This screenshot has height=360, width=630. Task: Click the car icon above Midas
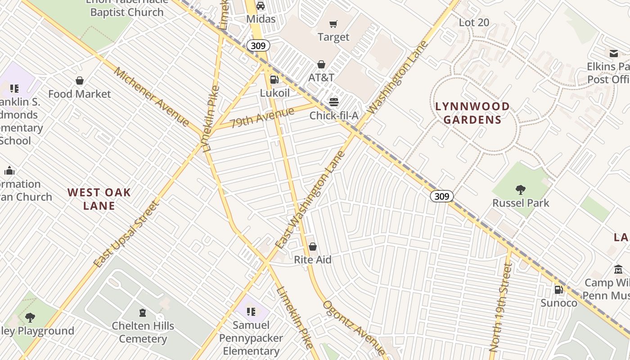pos(261,6)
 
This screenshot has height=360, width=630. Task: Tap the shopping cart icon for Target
pos(333,24)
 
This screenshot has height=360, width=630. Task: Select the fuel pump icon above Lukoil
pos(274,80)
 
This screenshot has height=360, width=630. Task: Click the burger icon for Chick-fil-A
pos(333,102)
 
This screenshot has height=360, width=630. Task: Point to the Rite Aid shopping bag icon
pos(313,247)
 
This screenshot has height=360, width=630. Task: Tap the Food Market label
pos(80,94)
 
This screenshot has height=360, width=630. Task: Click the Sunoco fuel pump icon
pos(558,290)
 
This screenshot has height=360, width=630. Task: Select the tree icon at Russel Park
pos(521,189)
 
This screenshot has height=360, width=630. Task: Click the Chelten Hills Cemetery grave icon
pos(143,312)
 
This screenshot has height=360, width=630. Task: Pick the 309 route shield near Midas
pos(258,45)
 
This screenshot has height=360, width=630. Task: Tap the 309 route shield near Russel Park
pos(441,196)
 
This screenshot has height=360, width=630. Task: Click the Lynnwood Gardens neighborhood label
pos(472,113)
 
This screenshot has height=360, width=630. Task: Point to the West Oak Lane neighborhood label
pos(99,199)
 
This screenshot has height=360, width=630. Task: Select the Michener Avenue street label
pos(151,97)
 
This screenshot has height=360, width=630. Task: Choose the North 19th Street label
pos(501,307)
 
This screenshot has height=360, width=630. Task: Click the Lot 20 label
pos(474,22)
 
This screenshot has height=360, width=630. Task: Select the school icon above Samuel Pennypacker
pos(251,311)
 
